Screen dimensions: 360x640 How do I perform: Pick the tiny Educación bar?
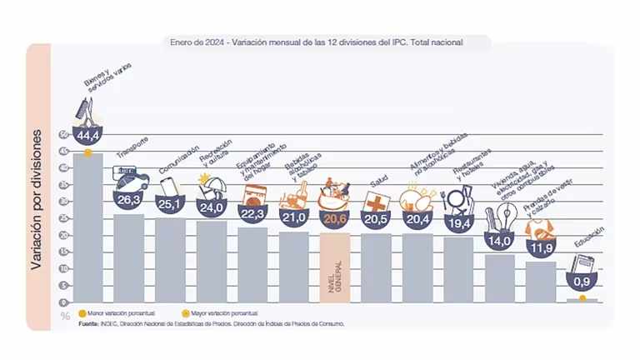point(582,300)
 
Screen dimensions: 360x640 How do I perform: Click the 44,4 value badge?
point(87,135)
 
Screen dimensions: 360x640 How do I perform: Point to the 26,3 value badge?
point(129,199)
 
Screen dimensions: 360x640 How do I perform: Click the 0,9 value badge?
point(583,282)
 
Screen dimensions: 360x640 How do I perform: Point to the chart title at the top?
point(316,40)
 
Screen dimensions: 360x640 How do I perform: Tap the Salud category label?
point(379,180)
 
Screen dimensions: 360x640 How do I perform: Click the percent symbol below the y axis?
point(64,316)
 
